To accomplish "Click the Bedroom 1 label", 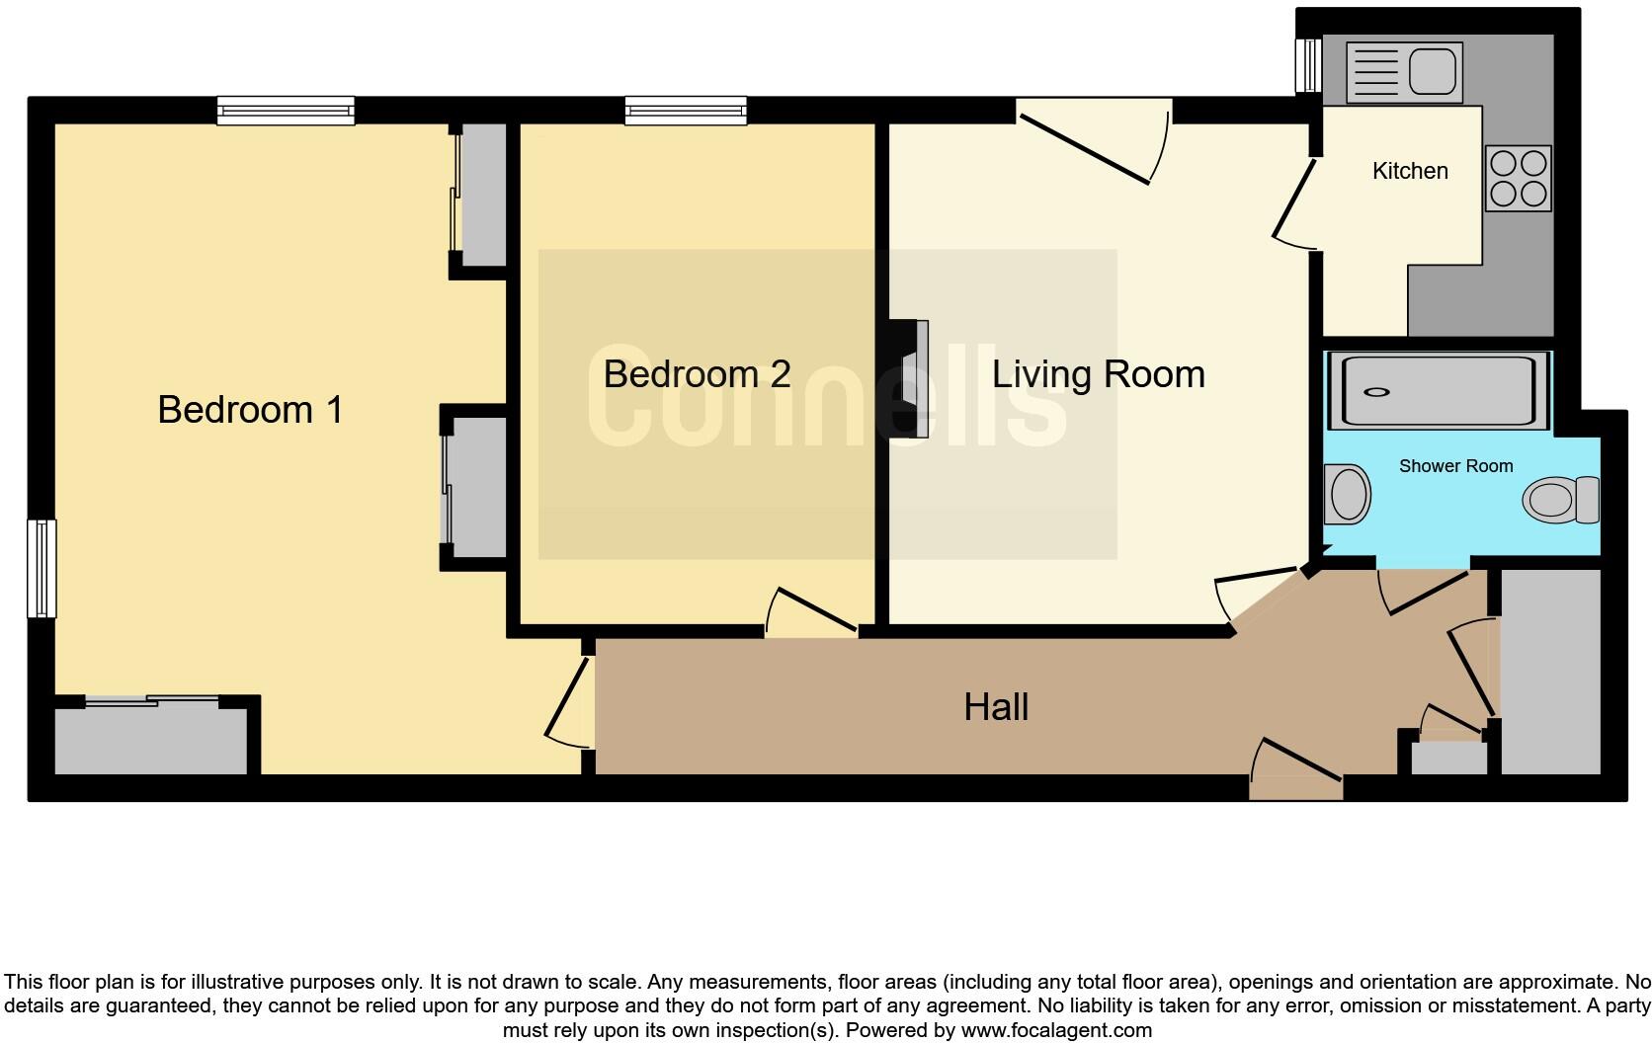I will click(x=250, y=409).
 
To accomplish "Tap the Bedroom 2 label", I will click(x=697, y=373).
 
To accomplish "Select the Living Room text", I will click(x=1098, y=374).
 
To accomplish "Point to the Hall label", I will click(x=996, y=707).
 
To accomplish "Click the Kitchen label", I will click(x=1410, y=171).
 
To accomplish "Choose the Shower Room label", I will click(x=1455, y=466).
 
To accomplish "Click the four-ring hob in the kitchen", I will click(x=1519, y=179).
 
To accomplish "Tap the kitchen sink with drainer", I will click(x=1404, y=72).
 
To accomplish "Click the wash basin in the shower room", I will click(x=1347, y=495).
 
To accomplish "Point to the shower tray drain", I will click(x=1376, y=392).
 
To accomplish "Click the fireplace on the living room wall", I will click(x=910, y=378).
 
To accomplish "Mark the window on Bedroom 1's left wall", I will click(x=41, y=568).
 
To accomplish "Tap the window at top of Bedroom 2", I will click(x=686, y=110).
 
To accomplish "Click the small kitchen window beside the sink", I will click(x=1308, y=65).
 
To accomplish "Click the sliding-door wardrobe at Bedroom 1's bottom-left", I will click(x=150, y=737).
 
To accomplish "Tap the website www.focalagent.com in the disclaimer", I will click(x=1056, y=1030).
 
